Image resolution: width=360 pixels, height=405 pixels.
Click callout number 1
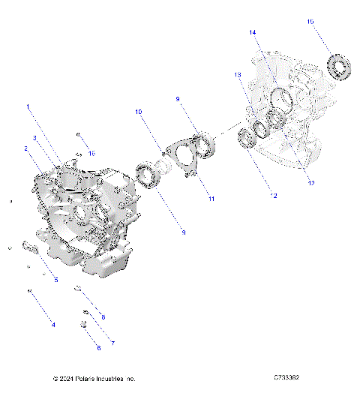pyautogui.click(x=29, y=106)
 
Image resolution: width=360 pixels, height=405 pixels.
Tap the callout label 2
pyautogui.click(x=26, y=148)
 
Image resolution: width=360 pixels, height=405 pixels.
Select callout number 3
pyautogui.click(x=34, y=138)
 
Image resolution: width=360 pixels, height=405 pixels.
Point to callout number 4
pyautogui.click(x=52, y=325)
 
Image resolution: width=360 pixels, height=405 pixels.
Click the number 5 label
pyautogui.click(x=55, y=280)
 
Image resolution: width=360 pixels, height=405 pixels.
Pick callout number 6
pyautogui.click(x=97, y=348)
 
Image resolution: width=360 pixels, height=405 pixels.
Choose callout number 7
pyautogui.click(x=112, y=343)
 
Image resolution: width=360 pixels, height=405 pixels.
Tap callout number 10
pyautogui.click(x=138, y=112)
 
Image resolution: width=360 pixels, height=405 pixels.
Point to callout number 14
pyautogui.click(x=253, y=32)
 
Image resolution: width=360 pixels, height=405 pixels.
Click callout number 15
pyautogui.click(x=310, y=22)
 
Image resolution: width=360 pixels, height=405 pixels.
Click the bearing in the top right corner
pyautogui.click(x=341, y=67)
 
